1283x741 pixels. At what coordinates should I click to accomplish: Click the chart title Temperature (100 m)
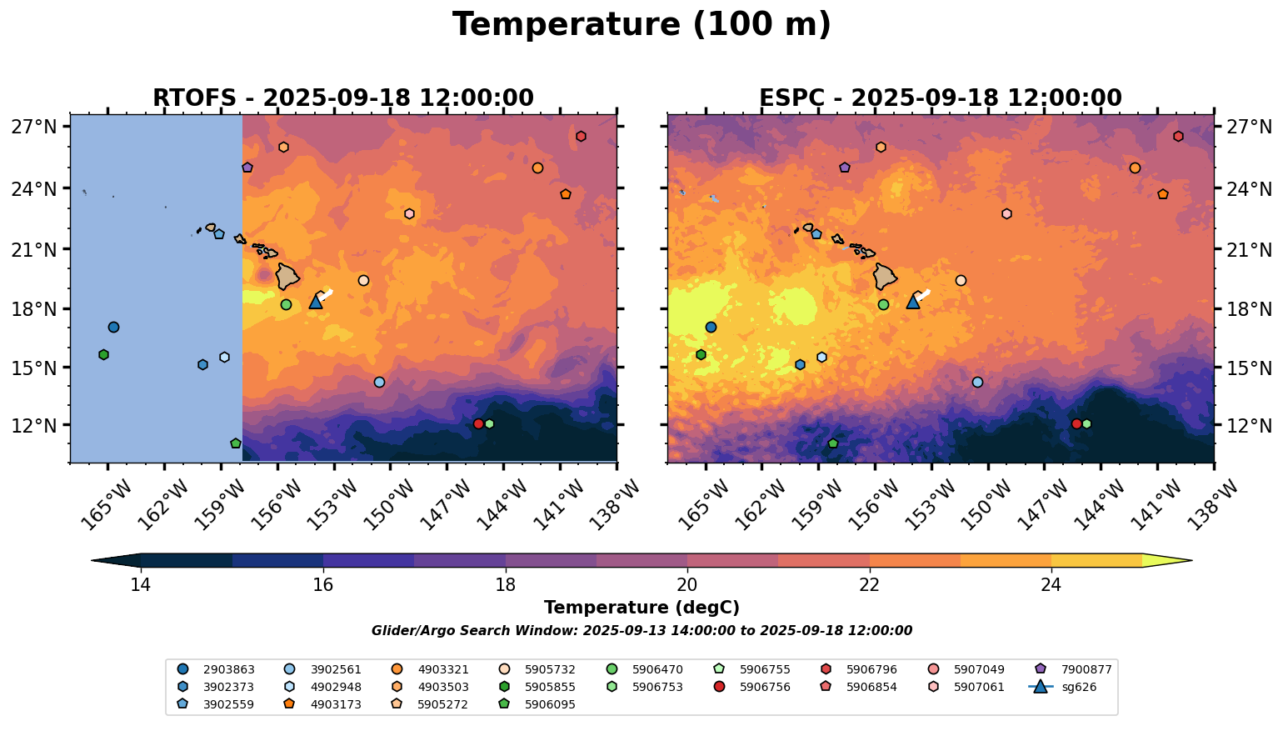pos(641,25)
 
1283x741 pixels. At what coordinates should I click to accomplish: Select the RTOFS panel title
pos(342,98)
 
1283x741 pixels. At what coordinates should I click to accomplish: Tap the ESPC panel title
pos(940,98)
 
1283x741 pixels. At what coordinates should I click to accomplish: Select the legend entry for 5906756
pos(754,687)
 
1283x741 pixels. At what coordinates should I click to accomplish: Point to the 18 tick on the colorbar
pos(505,584)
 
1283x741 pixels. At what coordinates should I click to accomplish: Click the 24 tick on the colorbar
pos(1051,584)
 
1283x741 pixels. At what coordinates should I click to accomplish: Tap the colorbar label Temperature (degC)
pos(641,608)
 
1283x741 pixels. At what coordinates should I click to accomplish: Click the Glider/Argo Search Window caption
pos(641,631)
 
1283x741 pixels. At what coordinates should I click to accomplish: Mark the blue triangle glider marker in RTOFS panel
pos(316,302)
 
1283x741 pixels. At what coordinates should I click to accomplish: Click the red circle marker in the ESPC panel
pos(1076,423)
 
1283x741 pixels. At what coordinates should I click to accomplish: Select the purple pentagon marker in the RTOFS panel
pos(247,168)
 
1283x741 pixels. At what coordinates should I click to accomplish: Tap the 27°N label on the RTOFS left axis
pos(34,127)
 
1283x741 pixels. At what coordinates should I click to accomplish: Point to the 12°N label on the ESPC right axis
pos(1250,425)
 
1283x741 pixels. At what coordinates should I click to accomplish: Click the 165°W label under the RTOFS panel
pos(107,503)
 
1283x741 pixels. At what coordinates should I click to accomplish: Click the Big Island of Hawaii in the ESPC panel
pos(886,276)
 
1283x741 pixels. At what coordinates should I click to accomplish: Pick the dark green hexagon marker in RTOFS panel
pos(103,354)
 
